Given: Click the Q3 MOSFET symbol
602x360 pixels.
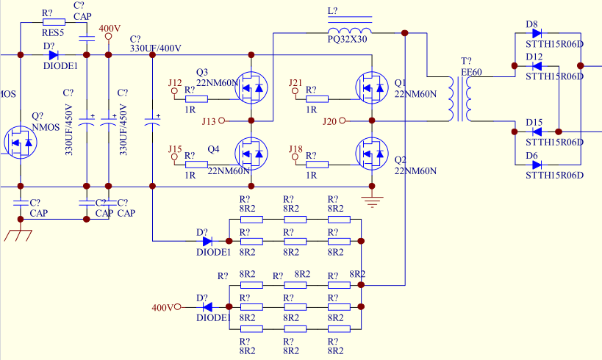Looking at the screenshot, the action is click(x=251, y=88).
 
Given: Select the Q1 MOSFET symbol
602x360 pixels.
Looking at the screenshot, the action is click(x=372, y=88).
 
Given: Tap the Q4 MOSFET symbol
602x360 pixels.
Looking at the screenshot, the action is click(x=251, y=154).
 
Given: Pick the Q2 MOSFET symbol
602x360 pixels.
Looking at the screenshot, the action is click(x=372, y=154).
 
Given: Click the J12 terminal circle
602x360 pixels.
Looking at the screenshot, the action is click(x=174, y=91).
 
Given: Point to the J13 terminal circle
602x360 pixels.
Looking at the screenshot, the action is click(x=221, y=120).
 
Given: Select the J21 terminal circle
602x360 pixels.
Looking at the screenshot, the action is click(x=295, y=91).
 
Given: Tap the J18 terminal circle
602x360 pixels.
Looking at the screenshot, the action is click(x=295, y=157).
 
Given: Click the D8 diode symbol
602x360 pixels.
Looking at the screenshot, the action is click(x=537, y=33).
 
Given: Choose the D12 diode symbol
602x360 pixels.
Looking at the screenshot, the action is click(x=537, y=66).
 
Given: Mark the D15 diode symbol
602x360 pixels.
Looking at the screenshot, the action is click(x=537, y=132).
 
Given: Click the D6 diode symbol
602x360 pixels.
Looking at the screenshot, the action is click(x=537, y=165).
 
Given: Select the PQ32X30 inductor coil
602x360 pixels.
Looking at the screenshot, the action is click(x=350, y=30).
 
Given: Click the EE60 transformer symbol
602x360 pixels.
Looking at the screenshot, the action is click(x=460, y=98).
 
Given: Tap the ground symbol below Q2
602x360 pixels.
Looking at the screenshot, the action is click(x=372, y=201).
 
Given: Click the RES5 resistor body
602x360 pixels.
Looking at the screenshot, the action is click(x=54, y=22).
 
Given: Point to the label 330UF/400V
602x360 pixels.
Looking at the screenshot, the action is click(x=156, y=48).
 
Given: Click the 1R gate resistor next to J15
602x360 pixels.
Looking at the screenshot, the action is click(x=196, y=165).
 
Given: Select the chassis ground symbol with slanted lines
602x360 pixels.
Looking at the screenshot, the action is click(x=18, y=235).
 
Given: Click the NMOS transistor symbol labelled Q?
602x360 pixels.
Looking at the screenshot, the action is click(x=21, y=143).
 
